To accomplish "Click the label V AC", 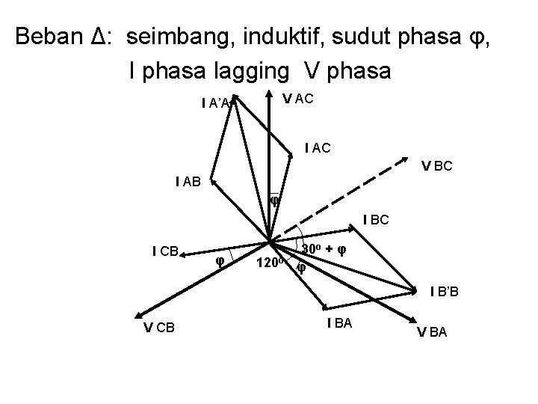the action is click(x=297, y=97).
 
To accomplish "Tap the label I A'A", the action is click(x=217, y=102).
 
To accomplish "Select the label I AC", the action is click(x=318, y=149).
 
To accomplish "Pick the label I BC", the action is click(x=376, y=220).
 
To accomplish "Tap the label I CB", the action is click(x=164, y=251).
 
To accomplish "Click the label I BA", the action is click(x=340, y=322).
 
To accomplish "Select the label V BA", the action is click(x=432, y=333).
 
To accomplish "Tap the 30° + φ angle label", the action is click(x=324, y=248).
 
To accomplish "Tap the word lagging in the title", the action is click(x=247, y=71).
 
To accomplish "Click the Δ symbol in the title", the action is click(x=105, y=36).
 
